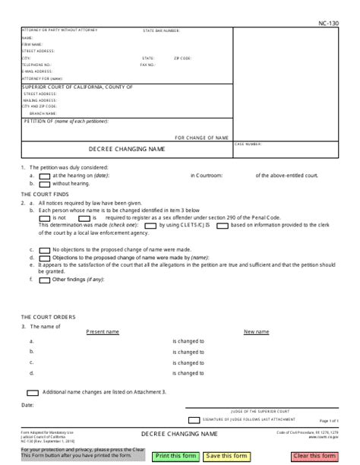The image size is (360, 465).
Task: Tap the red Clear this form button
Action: (x=314, y=456)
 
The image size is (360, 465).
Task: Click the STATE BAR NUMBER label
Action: (x=162, y=31)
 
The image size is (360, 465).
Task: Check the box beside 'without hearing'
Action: (x=44, y=183)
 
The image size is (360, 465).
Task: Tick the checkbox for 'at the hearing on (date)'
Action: (x=44, y=176)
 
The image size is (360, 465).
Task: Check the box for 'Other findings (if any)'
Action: (x=44, y=280)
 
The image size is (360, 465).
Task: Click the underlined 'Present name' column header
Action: (x=103, y=332)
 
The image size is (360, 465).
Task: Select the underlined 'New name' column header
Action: (x=256, y=332)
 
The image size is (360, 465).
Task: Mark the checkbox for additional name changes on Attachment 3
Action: (x=33, y=392)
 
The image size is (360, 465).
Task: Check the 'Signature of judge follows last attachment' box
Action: (x=194, y=419)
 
